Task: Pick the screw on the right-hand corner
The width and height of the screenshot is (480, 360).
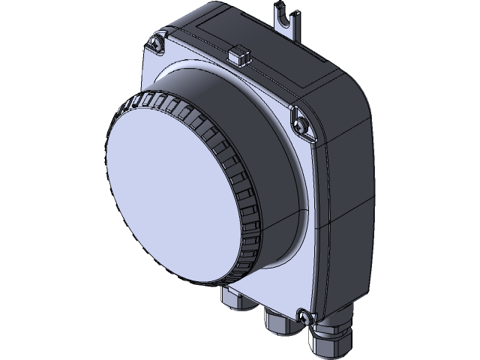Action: coord(303,120)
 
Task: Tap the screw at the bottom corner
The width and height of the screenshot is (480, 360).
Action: coord(304,316)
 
